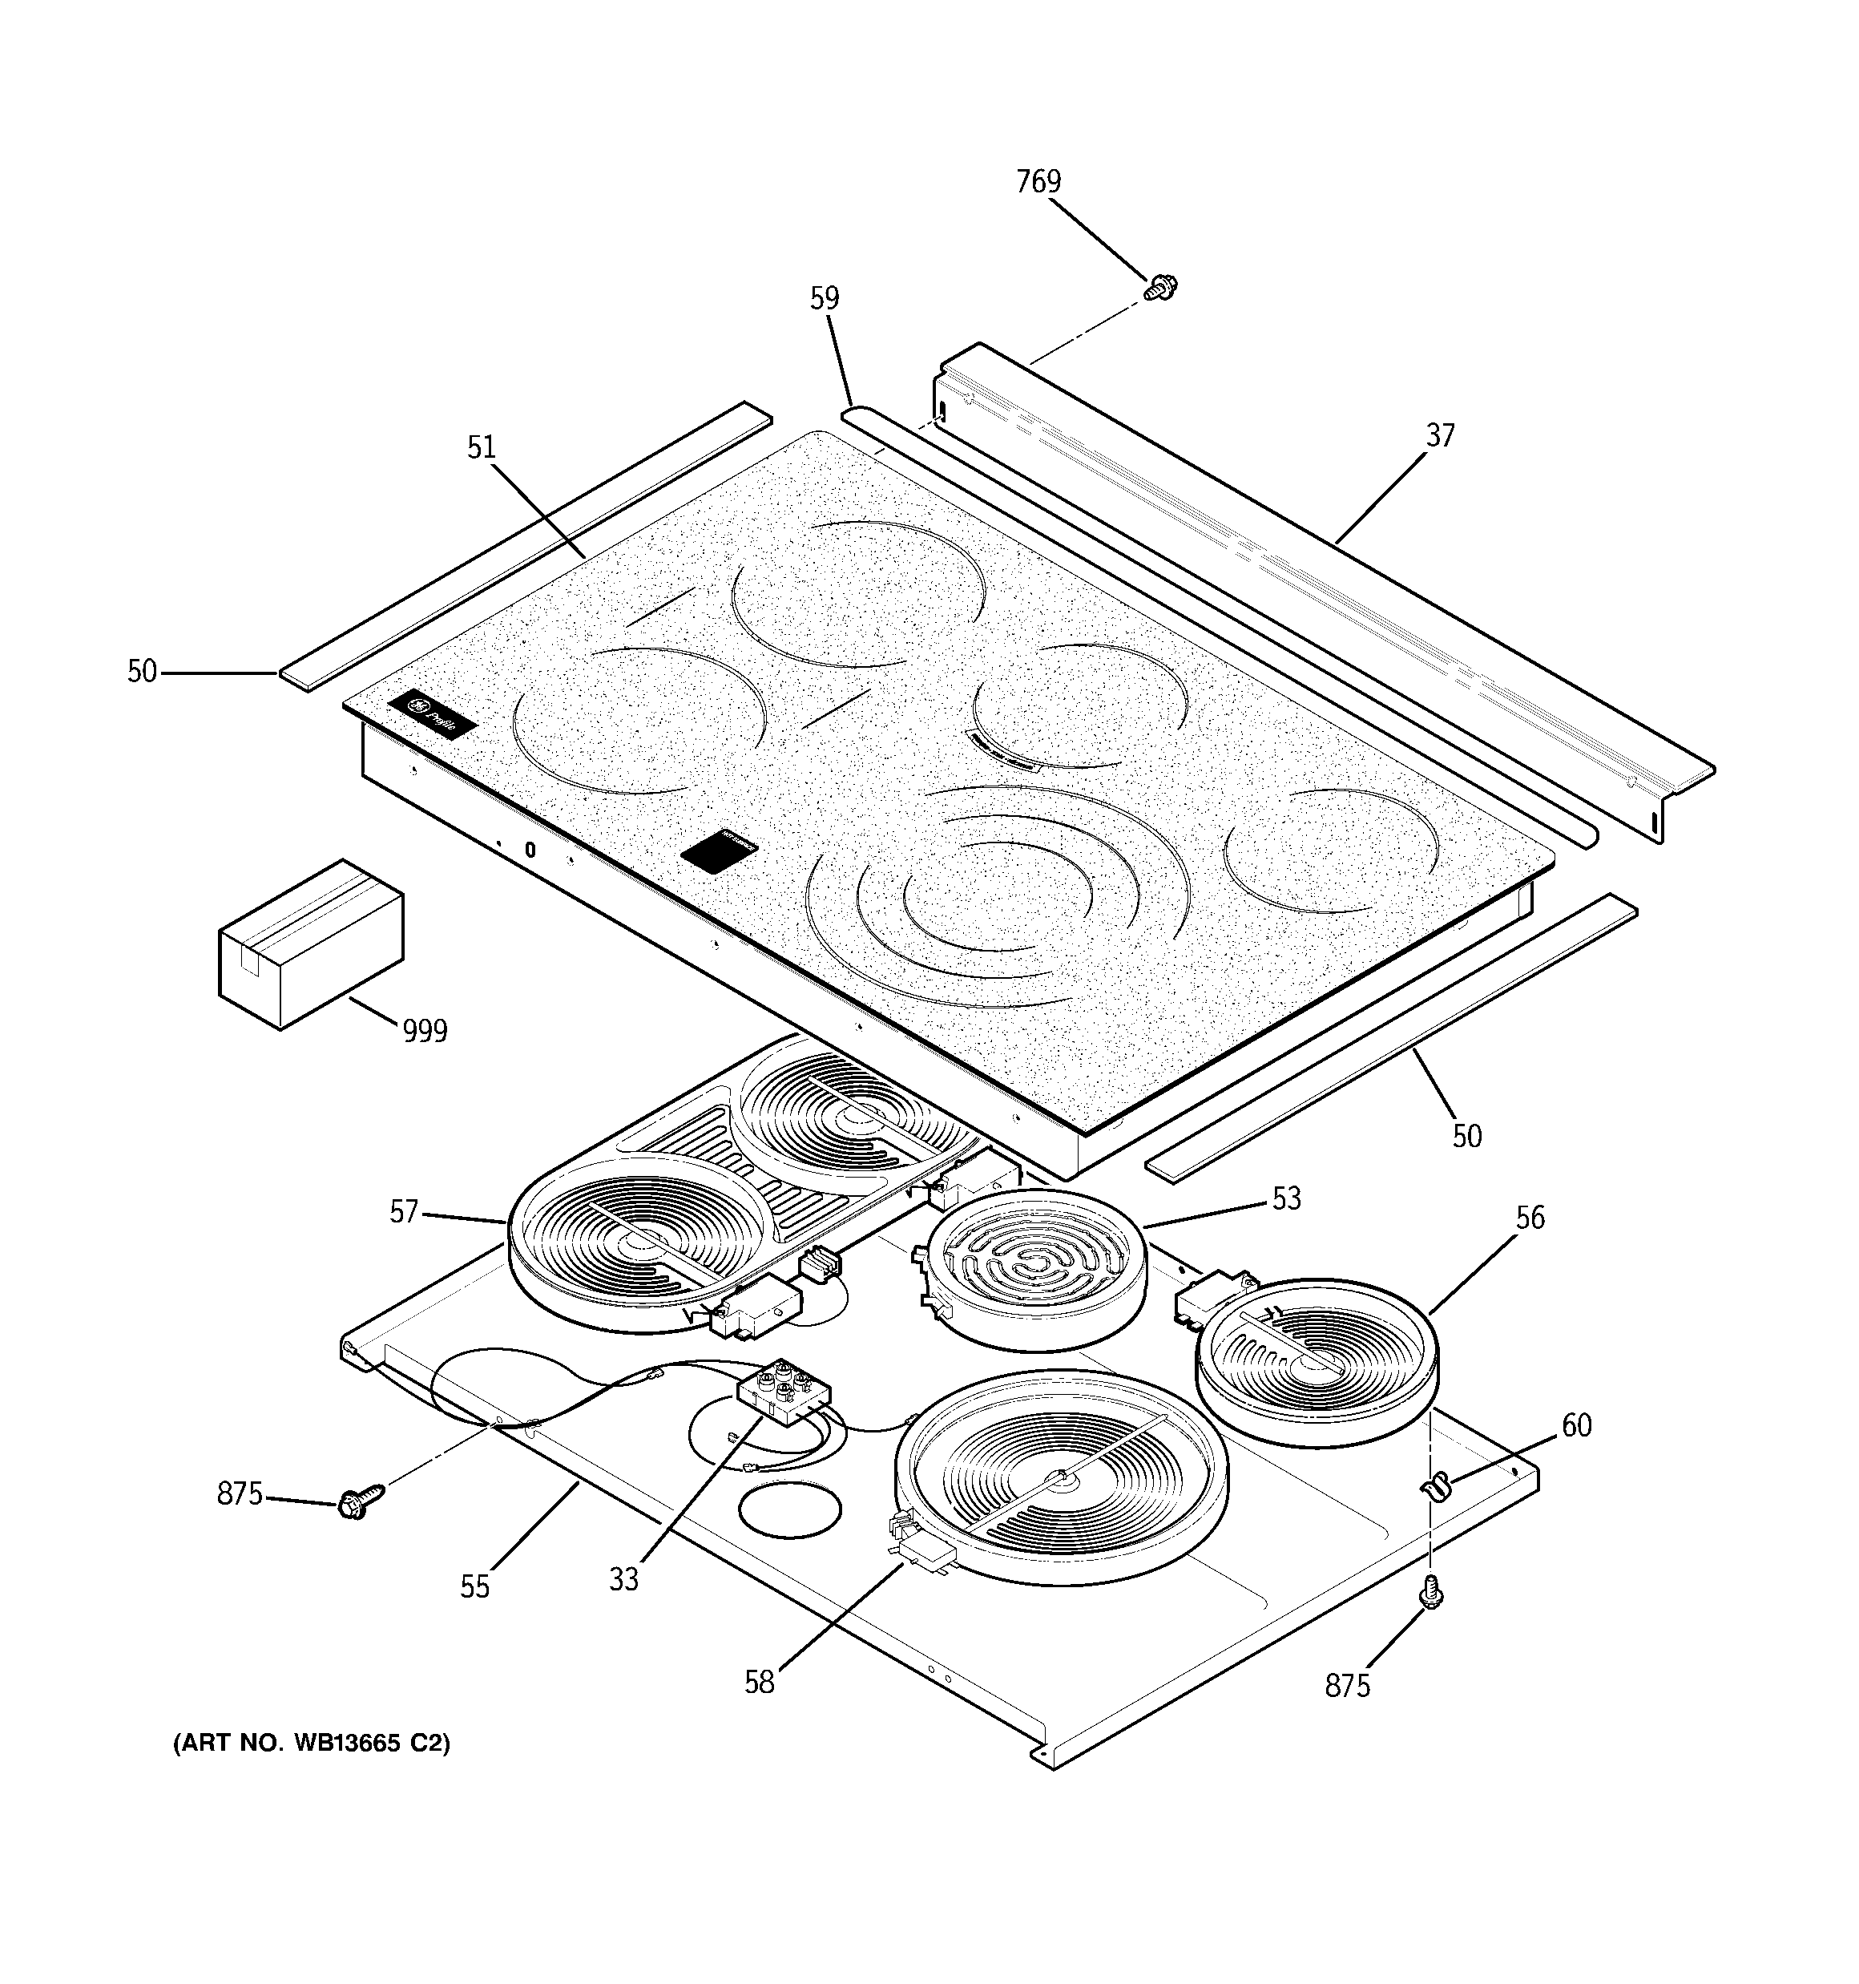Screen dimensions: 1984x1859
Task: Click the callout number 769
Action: click(x=1038, y=182)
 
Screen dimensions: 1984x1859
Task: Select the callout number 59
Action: click(x=825, y=298)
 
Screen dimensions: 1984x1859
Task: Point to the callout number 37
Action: click(x=1439, y=435)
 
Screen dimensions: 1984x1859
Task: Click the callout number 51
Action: click(x=481, y=448)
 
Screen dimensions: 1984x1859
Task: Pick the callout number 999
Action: click(x=424, y=1031)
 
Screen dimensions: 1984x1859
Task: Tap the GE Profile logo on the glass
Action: click(x=432, y=713)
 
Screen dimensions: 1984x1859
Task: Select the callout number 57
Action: click(x=403, y=1213)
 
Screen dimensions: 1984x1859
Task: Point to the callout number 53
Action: click(x=1286, y=1198)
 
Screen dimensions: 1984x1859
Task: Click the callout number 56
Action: click(x=1529, y=1218)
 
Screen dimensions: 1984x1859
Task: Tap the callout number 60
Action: click(x=1575, y=1425)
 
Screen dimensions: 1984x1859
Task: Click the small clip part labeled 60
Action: click(x=1434, y=1488)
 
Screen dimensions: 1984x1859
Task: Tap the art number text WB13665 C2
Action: click(x=312, y=1744)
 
